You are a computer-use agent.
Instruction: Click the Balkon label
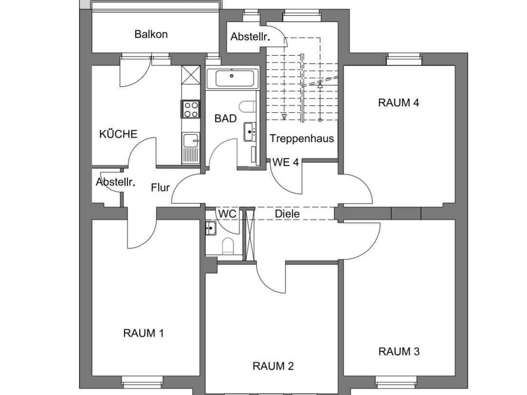click(x=151, y=34)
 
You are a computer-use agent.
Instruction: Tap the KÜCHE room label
click(x=118, y=134)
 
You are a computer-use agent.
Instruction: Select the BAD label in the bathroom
click(x=225, y=118)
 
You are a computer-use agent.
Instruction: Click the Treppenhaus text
click(x=302, y=138)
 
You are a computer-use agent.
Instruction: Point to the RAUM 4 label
click(x=399, y=103)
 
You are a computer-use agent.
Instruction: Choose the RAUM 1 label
click(x=143, y=333)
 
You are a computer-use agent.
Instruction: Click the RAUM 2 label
click(x=273, y=366)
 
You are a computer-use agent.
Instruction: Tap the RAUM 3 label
click(x=399, y=351)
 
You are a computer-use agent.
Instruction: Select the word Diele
click(x=287, y=214)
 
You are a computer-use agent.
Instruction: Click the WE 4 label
click(x=285, y=162)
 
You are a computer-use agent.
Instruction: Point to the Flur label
click(x=160, y=187)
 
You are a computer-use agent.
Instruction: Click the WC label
click(x=227, y=214)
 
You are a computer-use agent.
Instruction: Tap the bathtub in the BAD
click(x=231, y=78)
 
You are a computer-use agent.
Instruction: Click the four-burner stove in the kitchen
click(x=190, y=109)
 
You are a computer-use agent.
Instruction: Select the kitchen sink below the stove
click(x=190, y=147)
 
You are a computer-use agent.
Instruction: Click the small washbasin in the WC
click(x=211, y=227)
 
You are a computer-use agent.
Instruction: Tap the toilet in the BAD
click(x=248, y=106)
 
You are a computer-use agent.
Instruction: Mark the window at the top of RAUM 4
click(x=404, y=60)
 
